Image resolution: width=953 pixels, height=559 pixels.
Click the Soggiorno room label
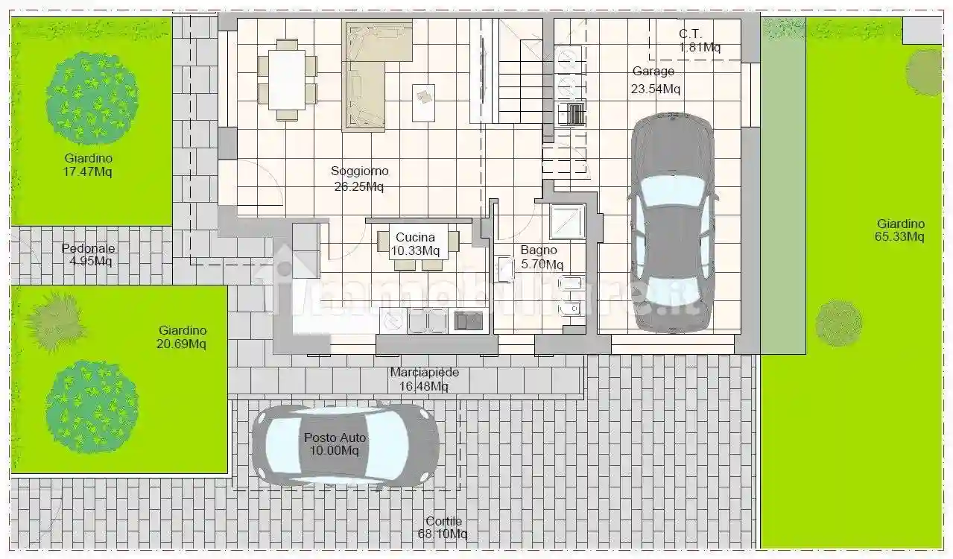click(359, 171)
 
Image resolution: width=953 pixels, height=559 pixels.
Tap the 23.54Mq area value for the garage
click(656, 89)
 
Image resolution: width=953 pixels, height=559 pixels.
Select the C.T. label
click(690, 34)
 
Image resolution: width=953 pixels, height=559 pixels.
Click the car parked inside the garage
click(672, 223)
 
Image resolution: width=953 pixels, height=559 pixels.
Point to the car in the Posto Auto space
click(345, 444)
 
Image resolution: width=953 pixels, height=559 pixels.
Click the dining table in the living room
click(287, 80)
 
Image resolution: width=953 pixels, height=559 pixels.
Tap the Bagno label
click(539, 250)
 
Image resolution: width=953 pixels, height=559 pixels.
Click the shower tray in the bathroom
click(567, 221)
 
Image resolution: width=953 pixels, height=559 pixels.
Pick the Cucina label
click(415, 237)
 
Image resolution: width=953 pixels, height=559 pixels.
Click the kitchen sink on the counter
click(468, 321)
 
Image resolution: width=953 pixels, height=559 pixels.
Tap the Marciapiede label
click(425, 372)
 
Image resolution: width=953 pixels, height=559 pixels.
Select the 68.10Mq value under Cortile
click(443, 534)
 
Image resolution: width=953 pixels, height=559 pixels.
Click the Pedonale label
click(89, 248)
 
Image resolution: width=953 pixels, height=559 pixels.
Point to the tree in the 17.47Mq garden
click(92, 98)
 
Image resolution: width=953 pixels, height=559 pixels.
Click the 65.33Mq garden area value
click(900, 236)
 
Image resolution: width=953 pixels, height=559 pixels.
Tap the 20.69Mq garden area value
click(181, 344)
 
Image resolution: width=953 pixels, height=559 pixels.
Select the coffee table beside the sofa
click(423, 103)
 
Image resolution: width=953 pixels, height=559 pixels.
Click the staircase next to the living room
click(520, 71)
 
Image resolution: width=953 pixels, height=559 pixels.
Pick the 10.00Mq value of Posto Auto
click(334, 450)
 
